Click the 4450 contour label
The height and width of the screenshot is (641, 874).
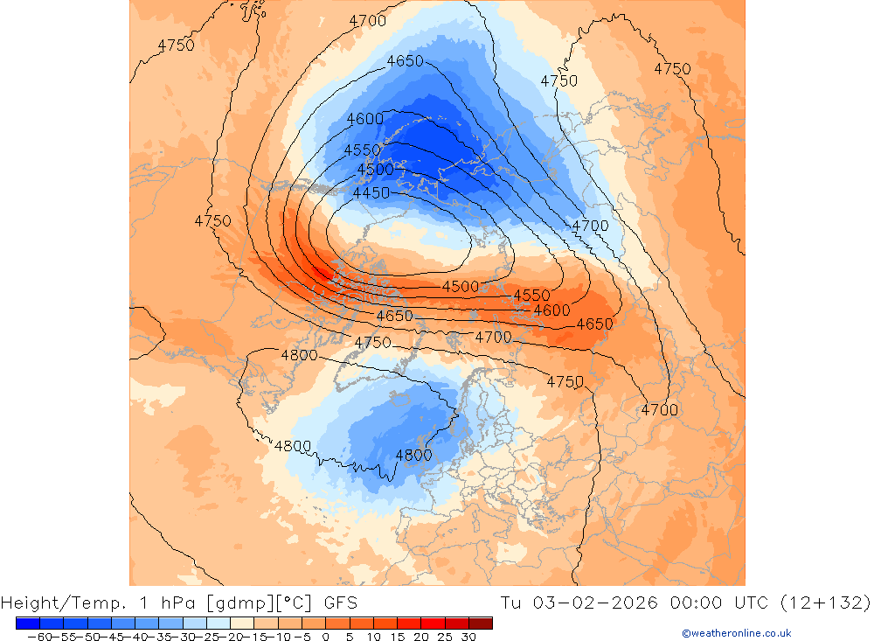[x=371, y=192]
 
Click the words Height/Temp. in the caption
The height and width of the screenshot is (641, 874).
[x=61, y=603]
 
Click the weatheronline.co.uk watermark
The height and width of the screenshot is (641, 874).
[x=736, y=633]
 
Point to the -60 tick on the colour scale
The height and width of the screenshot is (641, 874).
[x=38, y=637]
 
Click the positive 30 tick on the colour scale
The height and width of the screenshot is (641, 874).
[x=468, y=637]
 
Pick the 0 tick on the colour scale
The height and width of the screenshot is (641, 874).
[x=326, y=637]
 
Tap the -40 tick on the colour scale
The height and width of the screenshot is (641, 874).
[x=133, y=637]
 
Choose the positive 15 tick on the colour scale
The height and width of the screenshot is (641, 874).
[x=397, y=637]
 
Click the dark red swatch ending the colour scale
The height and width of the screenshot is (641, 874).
[x=480, y=623]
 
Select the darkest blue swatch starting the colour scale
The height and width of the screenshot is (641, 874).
[x=27, y=623]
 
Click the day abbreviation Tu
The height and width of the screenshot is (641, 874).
[x=512, y=603]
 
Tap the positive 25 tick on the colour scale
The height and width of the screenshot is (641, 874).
[x=445, y=637]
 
